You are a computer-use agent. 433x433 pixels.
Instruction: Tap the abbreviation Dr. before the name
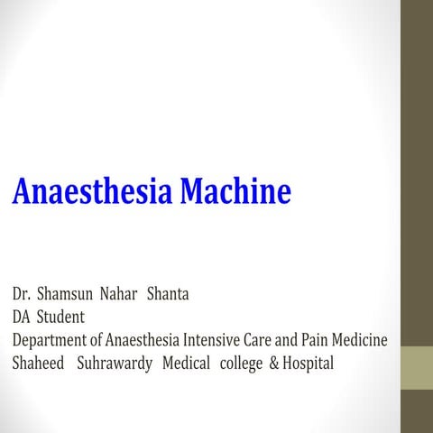click(21, 294)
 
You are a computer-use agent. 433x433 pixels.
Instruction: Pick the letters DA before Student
click(21, 318)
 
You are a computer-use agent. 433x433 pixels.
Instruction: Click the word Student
click(60, 318)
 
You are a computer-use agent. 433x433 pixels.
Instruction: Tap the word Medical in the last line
click(187, 364)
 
